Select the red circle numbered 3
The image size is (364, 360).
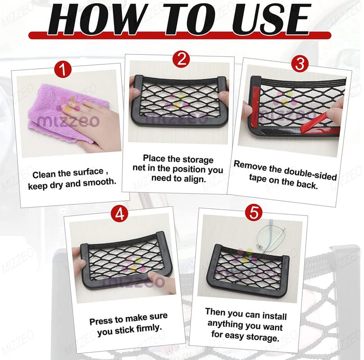300,64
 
